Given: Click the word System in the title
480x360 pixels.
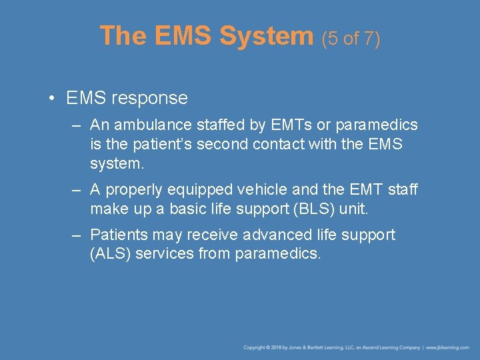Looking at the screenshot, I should click(267, 36).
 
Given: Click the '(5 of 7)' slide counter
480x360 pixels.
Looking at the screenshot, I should click(351, 39).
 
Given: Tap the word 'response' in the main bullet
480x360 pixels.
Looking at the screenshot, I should click(150, 98).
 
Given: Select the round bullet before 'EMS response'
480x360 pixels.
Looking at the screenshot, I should click(51, 99).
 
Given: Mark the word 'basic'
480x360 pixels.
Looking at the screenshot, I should click(188, 209).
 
